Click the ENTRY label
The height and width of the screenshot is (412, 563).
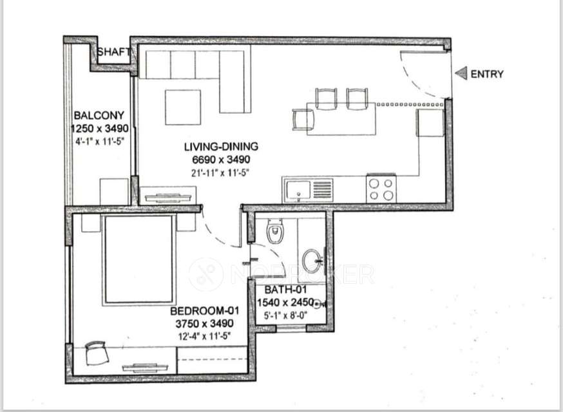pos(487,74)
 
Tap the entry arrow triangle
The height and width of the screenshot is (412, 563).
pos(461,74)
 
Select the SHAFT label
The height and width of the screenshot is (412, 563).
pos(115,52)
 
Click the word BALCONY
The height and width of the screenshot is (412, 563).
pos(95,116)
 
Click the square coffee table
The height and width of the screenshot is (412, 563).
pos(183,107)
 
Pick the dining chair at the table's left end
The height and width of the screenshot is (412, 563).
pos(303,119)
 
